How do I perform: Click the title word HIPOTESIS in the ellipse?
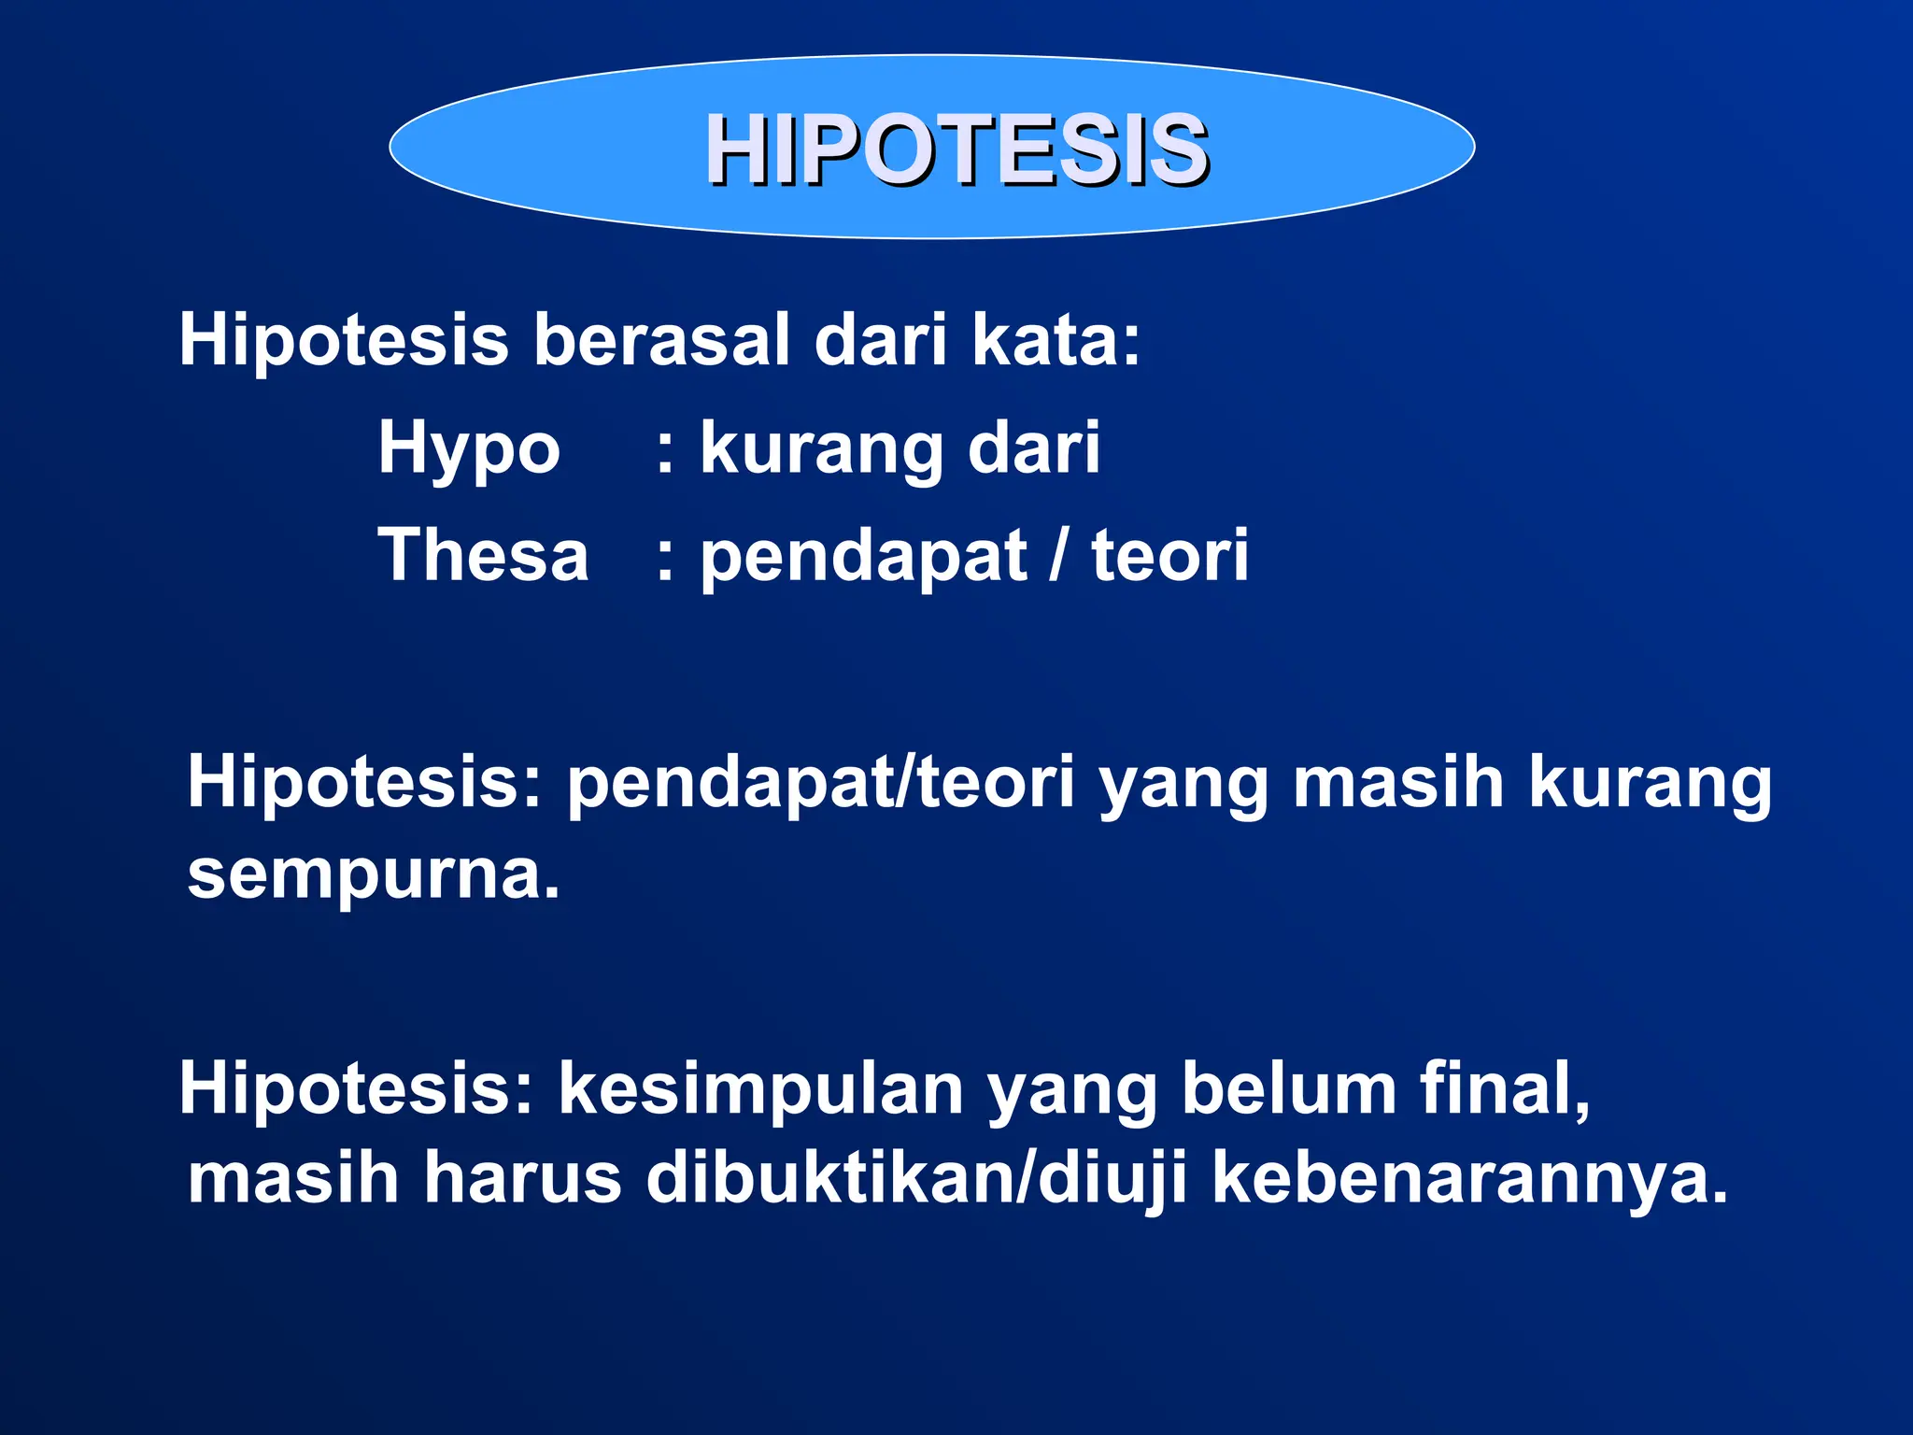pos(956,149)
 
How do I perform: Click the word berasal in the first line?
pos(661,340)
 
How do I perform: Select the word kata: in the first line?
pos(1056,340)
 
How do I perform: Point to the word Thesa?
pos(483,555)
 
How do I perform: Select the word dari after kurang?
pos(1033,448)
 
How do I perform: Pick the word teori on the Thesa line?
pos(1169,555)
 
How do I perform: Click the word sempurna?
pos(374,876)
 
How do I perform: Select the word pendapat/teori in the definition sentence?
pos(821,785)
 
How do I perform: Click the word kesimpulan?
pos(760,1089)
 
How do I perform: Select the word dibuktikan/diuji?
pos(916,1179)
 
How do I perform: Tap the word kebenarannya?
pos(1469,1179)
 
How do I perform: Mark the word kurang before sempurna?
pos(1650,785)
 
